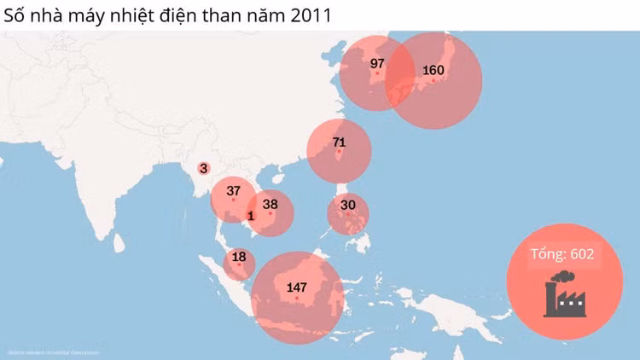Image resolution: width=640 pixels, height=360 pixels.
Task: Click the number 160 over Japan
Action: [x=433, y=70]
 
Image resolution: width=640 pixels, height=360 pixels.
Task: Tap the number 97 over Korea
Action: [x=378, y=64]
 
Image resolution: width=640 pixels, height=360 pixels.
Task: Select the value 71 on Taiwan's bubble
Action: [x=339, y=142]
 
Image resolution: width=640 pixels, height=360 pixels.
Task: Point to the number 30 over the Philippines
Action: [x=347, y=205]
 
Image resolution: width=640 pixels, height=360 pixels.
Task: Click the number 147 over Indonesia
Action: [x=297, y=287]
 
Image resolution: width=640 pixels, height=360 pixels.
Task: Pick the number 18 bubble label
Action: [x=239, y=257]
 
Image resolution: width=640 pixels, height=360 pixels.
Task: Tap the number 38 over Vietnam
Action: [x=271, y=204]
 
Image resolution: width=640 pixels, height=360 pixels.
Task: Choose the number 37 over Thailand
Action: [x=233, y=190]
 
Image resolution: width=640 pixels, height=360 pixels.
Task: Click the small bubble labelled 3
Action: [x=203, y=169]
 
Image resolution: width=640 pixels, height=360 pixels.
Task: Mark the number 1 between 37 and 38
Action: [x=251, y=216]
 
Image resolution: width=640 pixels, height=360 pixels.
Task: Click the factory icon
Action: [x=565, y=299]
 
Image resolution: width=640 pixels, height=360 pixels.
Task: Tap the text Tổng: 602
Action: [x=561, y=253]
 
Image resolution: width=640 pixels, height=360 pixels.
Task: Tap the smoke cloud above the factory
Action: [x=562, y=276]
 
